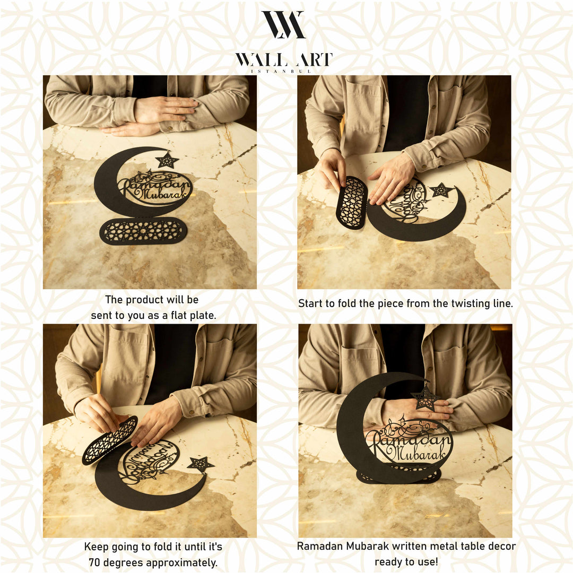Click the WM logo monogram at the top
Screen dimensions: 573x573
[x=284, y=24]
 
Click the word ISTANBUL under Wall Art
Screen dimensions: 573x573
[x=284, y=71]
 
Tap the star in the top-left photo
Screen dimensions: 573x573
[x=167, y=160]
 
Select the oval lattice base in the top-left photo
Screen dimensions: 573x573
[x=143, y=231]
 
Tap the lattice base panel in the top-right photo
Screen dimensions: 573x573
[x=352, y=203]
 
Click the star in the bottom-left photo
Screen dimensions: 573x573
[x=201, y=464]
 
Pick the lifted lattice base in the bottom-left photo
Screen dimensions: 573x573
[x=110, y=440]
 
